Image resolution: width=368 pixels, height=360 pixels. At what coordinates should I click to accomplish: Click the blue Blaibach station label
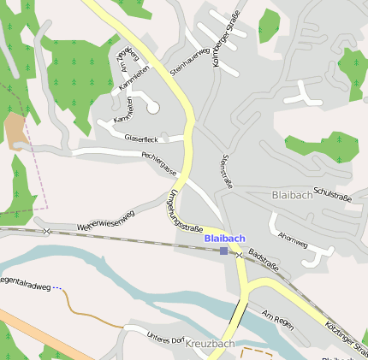point(224,238)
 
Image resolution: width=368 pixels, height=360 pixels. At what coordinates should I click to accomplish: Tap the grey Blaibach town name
point(294,195)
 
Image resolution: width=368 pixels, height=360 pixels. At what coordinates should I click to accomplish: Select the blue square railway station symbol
point(223,251)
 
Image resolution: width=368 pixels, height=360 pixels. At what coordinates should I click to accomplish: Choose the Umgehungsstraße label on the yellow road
point(182,210)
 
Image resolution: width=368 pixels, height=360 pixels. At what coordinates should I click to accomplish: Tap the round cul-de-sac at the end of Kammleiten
point(153,108)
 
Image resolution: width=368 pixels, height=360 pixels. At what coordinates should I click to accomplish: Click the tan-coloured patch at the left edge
point(15,130)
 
